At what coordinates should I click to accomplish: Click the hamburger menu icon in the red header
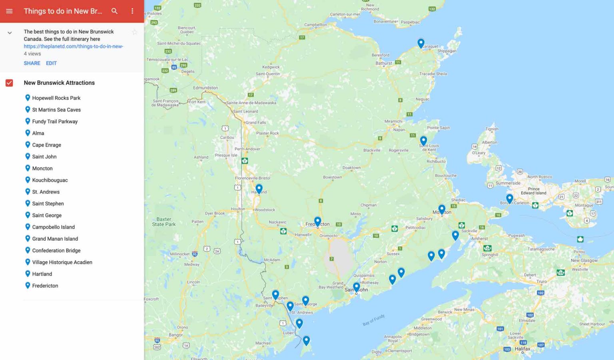pyautogui.click(x=9, y=11)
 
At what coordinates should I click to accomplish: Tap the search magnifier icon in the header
pyautogui.click(x=114, y=11)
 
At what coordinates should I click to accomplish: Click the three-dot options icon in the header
pyautogui.click(x=132, y=11)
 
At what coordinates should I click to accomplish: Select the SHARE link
pyautogui.click(x=32, y=63)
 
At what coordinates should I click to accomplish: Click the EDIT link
pyautogui.click(x=51, y=63)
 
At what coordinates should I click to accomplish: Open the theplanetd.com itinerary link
pyautogui.click(x=73, y=46)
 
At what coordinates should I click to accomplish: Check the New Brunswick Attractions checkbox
pyautogui.click(x=9, y=83)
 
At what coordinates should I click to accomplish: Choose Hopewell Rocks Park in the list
pyautogui.click(x=56, y=98)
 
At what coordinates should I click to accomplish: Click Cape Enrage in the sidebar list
pyautogui.click(x=46, y=145)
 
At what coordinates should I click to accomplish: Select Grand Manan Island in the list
pyautogui.click(x=55, y=239)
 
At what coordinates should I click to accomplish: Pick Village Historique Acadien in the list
pyautogui.click(x=62, y=262)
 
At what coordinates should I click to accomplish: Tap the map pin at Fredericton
pyautogui.click(x=317, y=221)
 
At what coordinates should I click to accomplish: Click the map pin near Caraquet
pyautogui.click(x=421, y=42)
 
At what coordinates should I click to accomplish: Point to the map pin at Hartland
pyautogui.click(x=259, y=188)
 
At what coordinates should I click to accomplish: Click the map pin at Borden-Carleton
pyautogui.click(x=509, y=198)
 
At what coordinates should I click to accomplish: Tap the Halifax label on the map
pyautogui.click(x=522, y=349)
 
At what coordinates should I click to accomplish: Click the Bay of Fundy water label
pyautogui.click(x=373, y=320)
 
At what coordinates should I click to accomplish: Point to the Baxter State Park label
pyautogui.click(x=164, y=222)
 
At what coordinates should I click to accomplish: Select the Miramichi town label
pyautogui.click(x=393, y=121)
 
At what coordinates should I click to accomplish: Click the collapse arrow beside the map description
pyautogui.click(x=10, y=33)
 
